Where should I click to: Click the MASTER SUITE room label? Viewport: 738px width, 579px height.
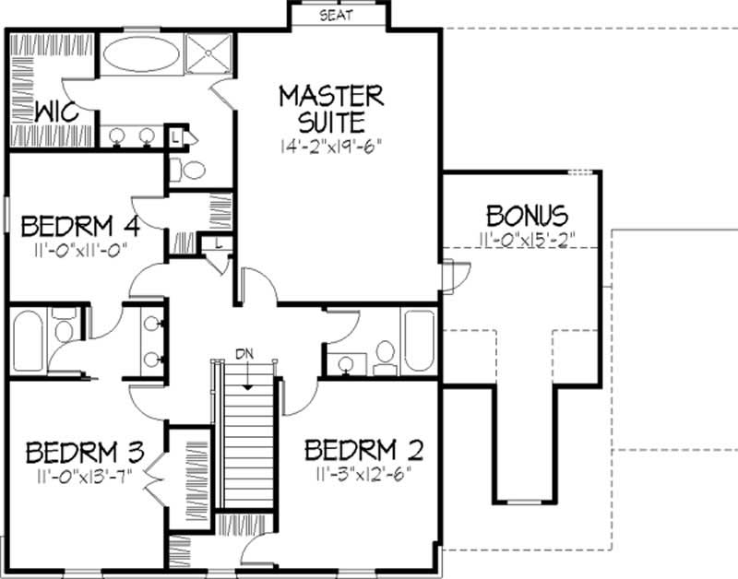(x=332, y=109)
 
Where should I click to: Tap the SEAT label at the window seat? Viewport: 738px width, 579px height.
(x=336, y=15)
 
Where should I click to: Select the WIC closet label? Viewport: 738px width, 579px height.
(x=57, y=112)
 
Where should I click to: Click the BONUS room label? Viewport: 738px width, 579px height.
(x=527, y=216)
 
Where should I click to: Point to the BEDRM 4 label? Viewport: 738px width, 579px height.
(x=80, y=226)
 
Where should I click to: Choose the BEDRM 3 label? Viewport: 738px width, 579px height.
(x=85, y=452)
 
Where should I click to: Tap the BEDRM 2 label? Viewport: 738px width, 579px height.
(x=363, y=450)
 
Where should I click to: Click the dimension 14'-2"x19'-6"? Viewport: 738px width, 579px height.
(x=331, y=147)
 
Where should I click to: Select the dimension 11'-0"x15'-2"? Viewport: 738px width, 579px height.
(x=527, y=239)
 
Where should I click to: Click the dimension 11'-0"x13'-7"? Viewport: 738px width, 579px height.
(x=85, y=476)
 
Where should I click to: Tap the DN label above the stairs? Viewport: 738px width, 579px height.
(x=244, y=354)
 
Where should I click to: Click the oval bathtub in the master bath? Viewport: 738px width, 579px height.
(x=141, y=54)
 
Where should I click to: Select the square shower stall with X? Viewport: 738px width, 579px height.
(x=208, y=53)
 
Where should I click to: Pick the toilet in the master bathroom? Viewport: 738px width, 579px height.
(x=187, y=170)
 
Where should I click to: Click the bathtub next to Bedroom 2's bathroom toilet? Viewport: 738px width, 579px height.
(x=420, y=340)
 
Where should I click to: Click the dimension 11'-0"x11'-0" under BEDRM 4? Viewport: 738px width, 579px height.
(x=80, y=249)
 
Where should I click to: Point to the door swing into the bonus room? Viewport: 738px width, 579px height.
(x=457, y=277)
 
